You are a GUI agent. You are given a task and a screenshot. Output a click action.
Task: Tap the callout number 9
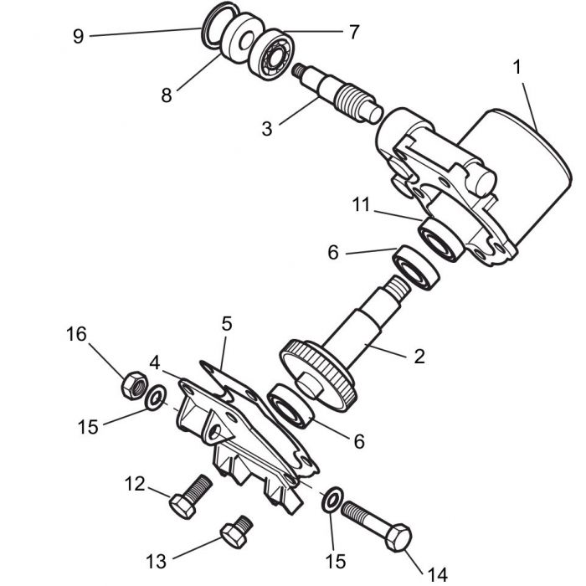pyautogui.click(x=79, y=37)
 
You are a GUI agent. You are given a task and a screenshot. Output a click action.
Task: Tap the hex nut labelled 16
pyautogui.click(x=131, y=384)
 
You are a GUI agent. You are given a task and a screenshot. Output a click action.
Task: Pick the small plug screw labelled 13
pyautogui.click(x=234, y=529)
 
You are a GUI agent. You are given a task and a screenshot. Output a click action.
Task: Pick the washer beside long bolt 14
pyautogui.click(x=331, y=501)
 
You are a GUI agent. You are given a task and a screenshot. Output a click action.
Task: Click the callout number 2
pyautogui.click(x=418, y=356)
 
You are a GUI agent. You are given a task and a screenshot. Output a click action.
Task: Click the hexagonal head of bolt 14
pyautogui.click(x=400, y=537)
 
